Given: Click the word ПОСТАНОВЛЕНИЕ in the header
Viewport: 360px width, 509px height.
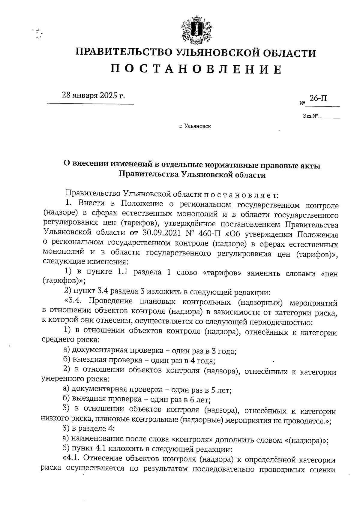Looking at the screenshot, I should pos(196,70).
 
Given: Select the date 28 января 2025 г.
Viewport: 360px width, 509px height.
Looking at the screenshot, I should pos(93,96).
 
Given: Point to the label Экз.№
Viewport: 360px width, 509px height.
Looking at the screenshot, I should pos(310,116).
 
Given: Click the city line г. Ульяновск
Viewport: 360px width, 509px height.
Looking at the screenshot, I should pos(195,126).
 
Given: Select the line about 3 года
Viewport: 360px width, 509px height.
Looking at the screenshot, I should pos(149,351).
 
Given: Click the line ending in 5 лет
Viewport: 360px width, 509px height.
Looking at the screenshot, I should pos(147,390).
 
